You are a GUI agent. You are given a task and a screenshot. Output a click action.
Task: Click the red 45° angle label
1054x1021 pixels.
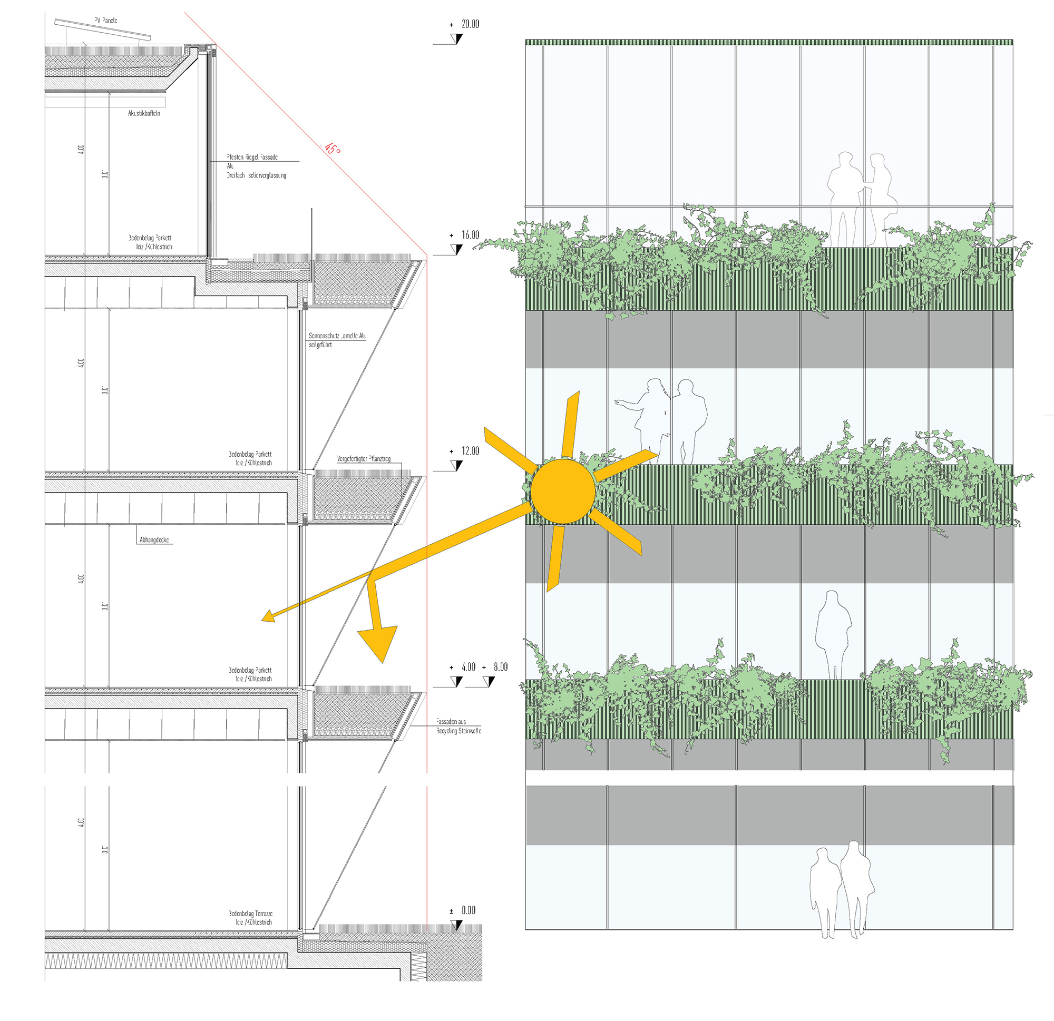tap(333, 149)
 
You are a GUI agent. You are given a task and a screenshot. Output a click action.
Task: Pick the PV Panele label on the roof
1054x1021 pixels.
tap(106, 21)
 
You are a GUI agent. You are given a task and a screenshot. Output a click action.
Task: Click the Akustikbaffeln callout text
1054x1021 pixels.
tap(144, 113)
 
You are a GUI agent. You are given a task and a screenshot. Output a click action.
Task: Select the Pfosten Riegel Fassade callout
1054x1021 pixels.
tap(252, 158)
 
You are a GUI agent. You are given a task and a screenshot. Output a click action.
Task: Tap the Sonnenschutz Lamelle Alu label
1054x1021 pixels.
tap(337, 336)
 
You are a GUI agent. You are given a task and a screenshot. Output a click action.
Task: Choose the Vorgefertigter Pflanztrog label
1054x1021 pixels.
tap(364, 459)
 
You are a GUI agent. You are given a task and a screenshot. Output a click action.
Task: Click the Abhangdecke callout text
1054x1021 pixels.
tap(154, 540)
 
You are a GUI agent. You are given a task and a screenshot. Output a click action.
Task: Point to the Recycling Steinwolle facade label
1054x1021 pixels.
tap(458, 731)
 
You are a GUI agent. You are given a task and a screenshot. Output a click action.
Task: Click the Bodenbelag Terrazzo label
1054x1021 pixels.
tap(251, 914)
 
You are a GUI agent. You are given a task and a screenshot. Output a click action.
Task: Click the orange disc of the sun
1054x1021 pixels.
tap(562, 491)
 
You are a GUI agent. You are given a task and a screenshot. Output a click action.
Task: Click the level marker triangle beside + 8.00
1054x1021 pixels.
tap(489, 682)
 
